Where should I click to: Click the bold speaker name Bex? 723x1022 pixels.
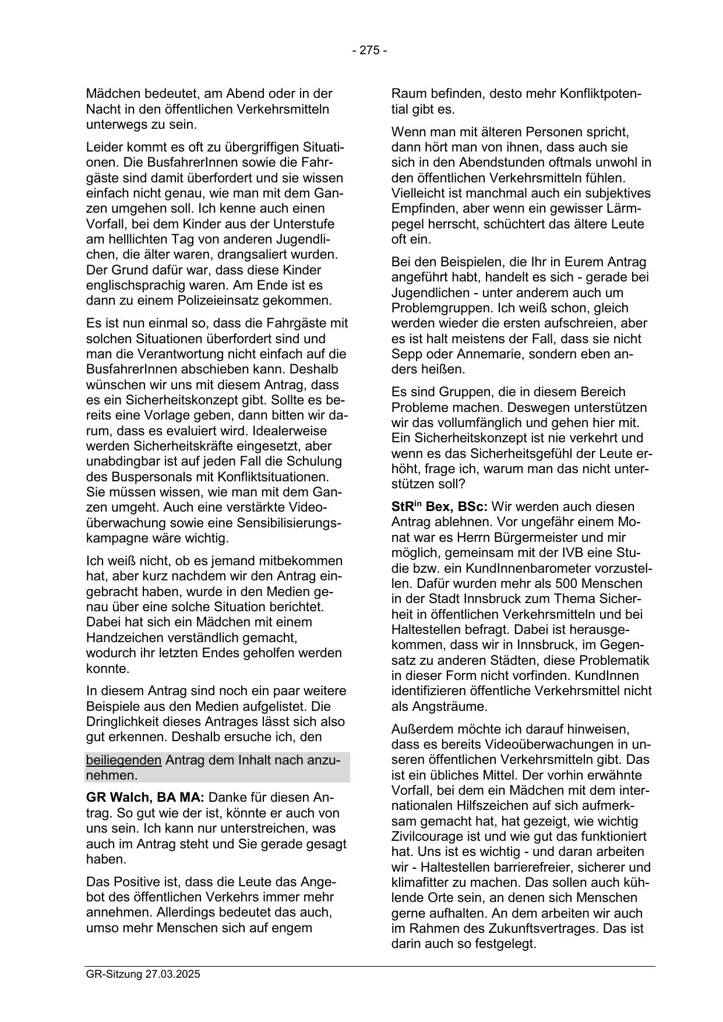pyautogui.click(x=437, y=507)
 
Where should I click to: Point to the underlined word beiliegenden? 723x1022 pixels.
pyautogui.click(x=124, y=760)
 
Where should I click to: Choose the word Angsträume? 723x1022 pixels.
pyautogui.click(x=449, y=706)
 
